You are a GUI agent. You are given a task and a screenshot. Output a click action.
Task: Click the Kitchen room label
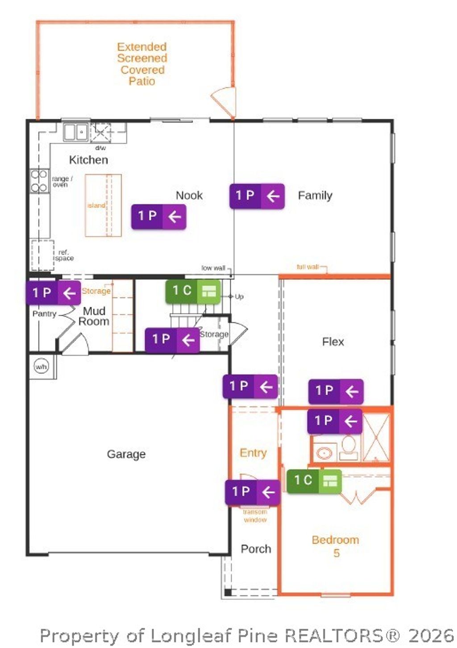[x=88, y=160]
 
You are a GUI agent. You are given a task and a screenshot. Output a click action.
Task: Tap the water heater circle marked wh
[x=41, y=367]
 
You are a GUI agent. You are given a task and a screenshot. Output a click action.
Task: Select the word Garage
[x=126, y=454]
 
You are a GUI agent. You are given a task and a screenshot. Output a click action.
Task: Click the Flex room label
[x=333, y=342]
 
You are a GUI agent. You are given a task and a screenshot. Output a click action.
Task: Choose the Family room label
[x=315, y=195]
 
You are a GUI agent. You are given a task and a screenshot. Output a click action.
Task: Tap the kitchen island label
[x=96, y=206]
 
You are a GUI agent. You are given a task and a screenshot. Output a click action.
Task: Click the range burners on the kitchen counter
[x=39, y=181]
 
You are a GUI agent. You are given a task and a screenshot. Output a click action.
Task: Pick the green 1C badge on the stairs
[x=193, y=292]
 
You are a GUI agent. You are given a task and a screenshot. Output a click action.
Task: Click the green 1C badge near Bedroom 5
[x=314, y=481]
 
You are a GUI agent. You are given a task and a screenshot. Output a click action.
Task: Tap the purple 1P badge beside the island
[x=158, y=217]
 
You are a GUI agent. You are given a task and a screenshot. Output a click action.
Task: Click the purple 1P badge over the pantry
[x=53, y=293]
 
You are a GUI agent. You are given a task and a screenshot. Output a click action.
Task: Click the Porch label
[x=256, y=549]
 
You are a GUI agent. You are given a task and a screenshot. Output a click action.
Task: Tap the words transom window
[x=255, y=516]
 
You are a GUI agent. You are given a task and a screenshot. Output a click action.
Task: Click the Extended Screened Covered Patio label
[x=142, y=64]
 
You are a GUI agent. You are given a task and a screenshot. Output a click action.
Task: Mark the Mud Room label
[x=94, y=316]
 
